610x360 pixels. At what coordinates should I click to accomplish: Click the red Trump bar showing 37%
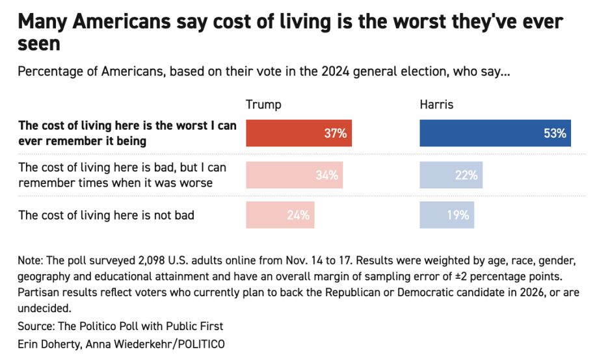tap(298, 133)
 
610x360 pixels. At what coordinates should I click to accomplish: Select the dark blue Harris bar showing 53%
tap(495, 133)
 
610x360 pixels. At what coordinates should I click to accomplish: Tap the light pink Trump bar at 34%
tap(294, 175)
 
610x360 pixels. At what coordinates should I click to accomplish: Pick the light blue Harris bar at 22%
tap(451, 175)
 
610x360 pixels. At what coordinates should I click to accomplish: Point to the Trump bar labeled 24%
tap(280, 215)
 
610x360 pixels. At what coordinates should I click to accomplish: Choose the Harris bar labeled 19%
tap(447, 215)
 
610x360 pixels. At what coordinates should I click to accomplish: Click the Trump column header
tap(263, 105)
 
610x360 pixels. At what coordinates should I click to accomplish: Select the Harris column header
tap(437, 105)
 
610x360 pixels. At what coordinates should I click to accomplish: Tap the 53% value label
tap(555, 134)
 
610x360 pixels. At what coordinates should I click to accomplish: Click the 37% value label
tap(336, 134)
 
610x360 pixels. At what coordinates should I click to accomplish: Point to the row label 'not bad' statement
tap(106, 215)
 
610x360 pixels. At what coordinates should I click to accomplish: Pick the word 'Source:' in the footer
tap(37, 326)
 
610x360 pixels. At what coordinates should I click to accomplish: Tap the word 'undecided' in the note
tap(44, 307)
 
